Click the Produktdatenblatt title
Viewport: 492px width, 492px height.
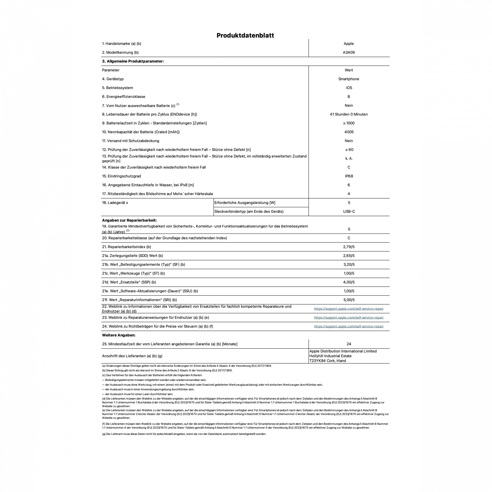tap(245, 35)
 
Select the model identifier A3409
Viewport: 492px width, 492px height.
tap(349, 52)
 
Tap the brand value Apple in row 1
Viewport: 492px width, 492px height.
tap(349, 44)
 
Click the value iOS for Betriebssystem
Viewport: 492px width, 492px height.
tap(349, 88)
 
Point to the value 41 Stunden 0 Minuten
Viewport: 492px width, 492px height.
tap(349, 114)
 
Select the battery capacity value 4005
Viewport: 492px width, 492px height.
tap(349, 132)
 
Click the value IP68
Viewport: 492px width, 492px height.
tap(349, 176)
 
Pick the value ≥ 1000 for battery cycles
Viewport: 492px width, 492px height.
tap(349, 123)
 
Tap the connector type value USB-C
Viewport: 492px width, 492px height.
tap(349, 212)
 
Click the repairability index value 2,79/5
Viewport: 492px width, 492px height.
tap(349, 247)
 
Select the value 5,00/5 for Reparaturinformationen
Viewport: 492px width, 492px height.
tap(349, 300)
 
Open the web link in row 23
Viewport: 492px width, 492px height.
tap(349, 317)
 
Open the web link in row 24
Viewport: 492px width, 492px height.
tap(349, 327)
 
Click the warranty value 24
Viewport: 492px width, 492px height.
tap(349, 344)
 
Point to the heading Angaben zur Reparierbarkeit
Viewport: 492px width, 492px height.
tap(129, 220)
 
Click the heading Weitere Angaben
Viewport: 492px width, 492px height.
tap(119, 335)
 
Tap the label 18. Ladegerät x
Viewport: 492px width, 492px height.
tap(115, 203)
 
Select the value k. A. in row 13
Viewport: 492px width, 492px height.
tap(349, 158)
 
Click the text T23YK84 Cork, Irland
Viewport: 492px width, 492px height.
tap(327, 361)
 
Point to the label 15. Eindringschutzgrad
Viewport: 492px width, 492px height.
tap(121, 176)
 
